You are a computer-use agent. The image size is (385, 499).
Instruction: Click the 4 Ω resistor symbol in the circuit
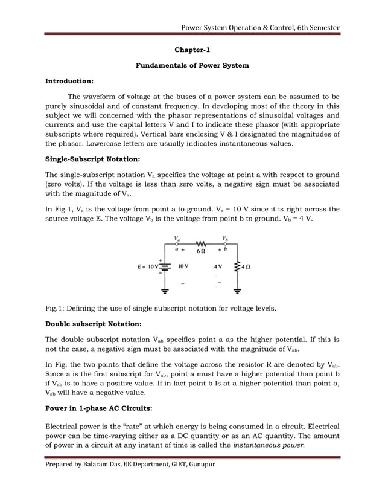[x=237, y=265]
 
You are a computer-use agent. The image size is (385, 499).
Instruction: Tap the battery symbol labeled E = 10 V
[x=165, y=265]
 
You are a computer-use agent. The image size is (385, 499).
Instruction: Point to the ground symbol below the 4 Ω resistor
[x=237, y=290]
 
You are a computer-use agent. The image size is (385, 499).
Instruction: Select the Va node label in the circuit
[x=176, y=238]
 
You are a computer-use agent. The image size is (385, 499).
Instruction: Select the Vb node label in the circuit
[x=225, y=238]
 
